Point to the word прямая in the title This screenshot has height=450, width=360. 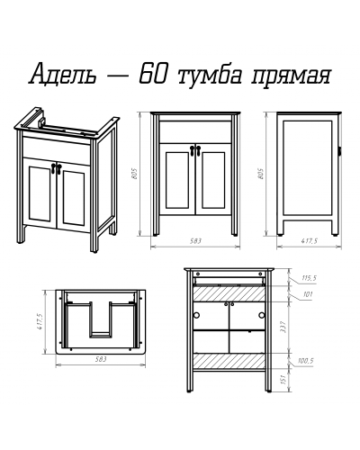click(293, 75)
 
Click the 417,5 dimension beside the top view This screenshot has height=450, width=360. click(40, 321)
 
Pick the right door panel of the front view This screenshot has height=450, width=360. click(212, 186)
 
